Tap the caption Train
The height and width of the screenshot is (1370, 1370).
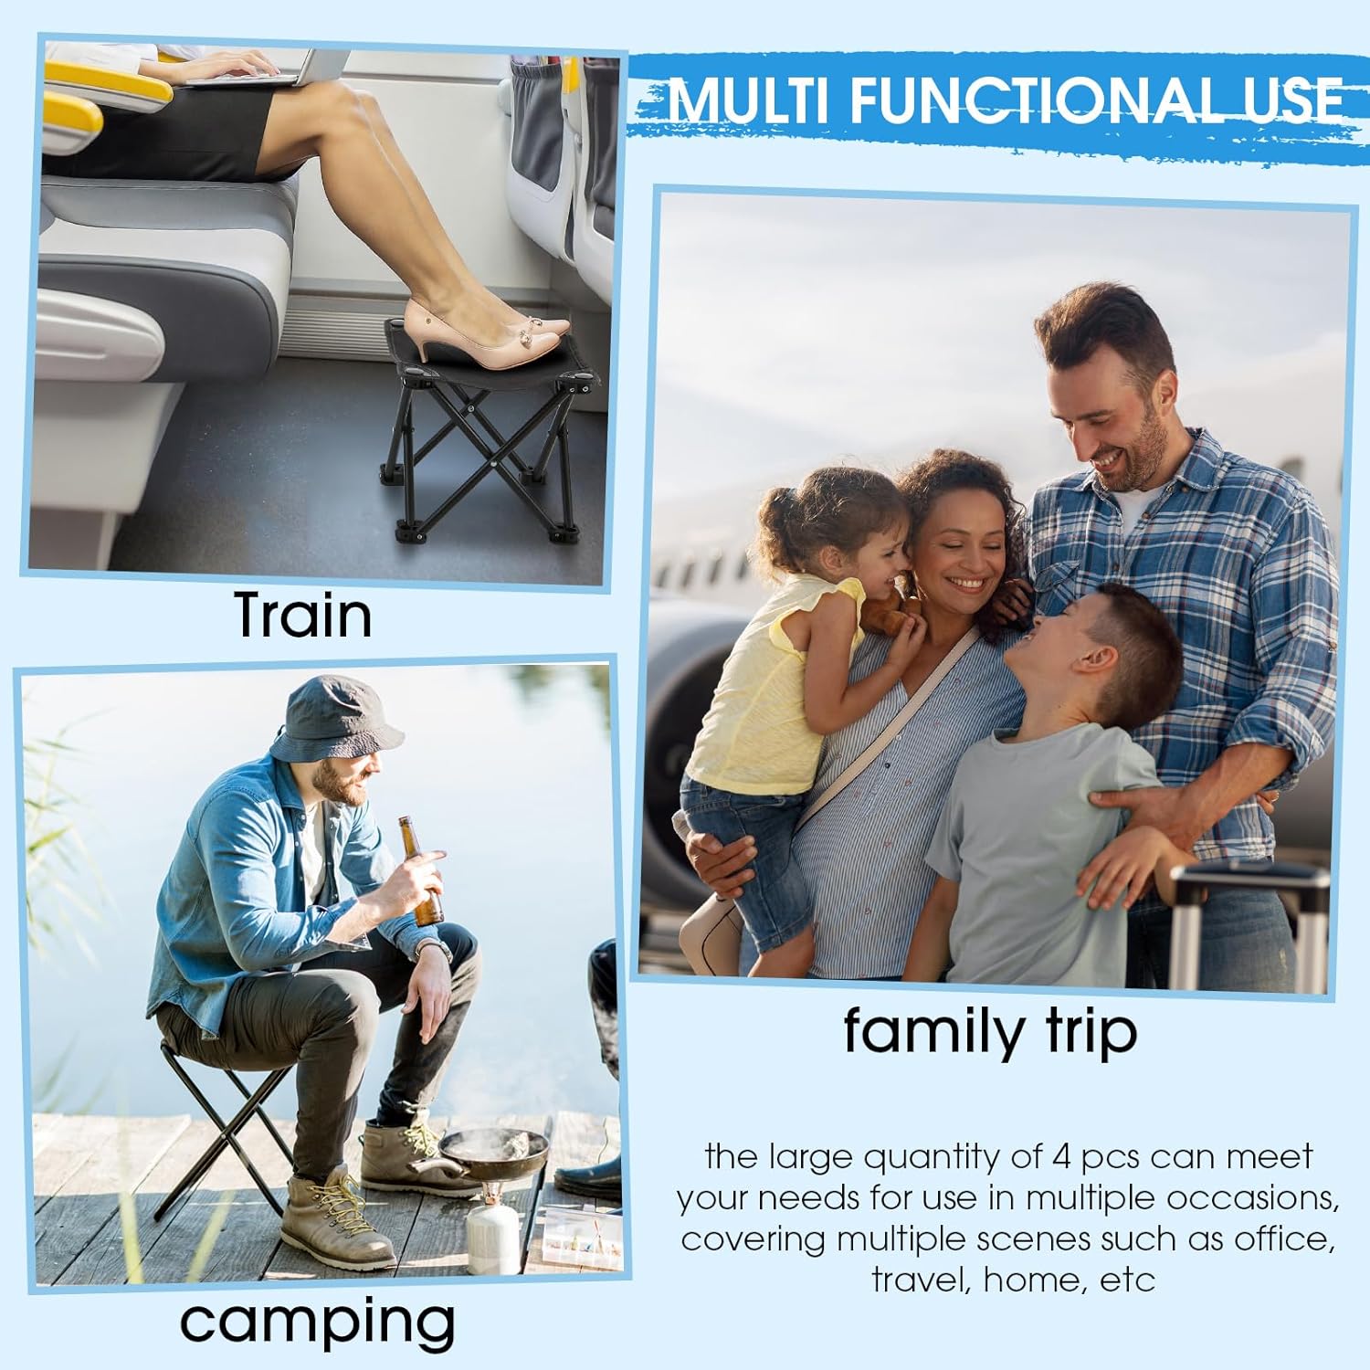pyautogui.click(x=303, y=615)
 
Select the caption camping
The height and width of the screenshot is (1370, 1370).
pyautogui.click(x=317, y=1321)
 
